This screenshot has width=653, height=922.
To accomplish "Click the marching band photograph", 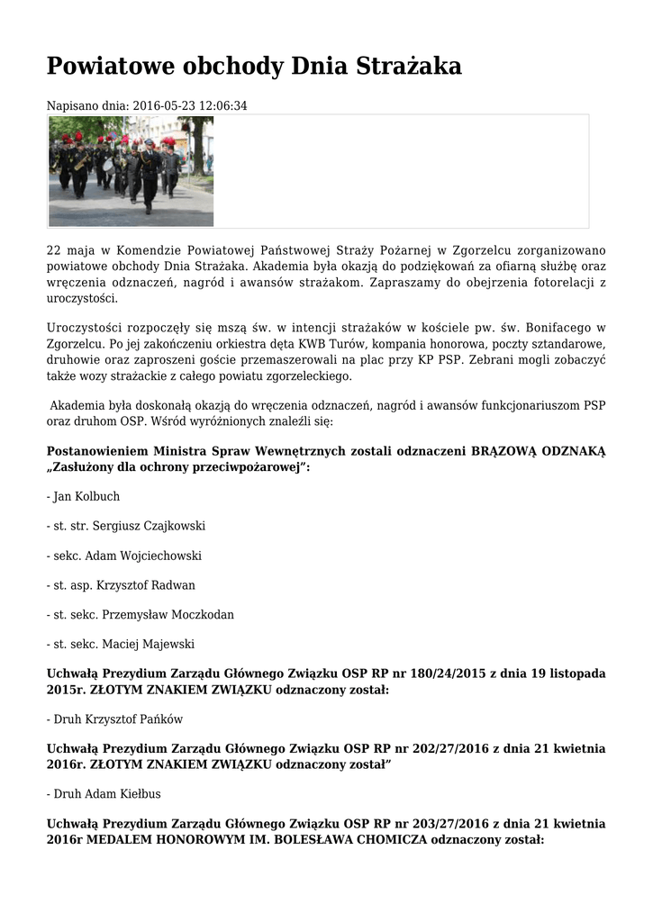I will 131,171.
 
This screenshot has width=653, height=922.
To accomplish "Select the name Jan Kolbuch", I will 86,496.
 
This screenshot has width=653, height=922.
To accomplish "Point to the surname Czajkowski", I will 174,526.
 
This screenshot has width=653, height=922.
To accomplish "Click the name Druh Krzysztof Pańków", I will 115,719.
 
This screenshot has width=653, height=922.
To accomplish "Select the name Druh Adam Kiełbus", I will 107,794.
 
